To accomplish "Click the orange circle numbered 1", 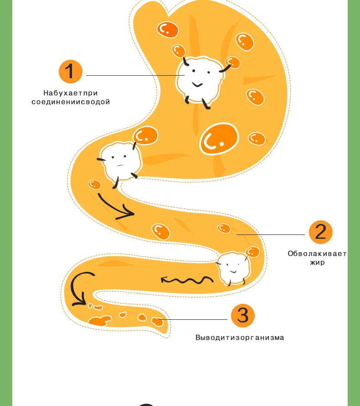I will point(70,72).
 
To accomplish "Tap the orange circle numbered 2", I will point(321,232).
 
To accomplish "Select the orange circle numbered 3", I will point(242,315).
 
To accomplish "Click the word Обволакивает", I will point(317,254).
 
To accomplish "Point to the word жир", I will point(317,263).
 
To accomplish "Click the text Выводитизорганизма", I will point(240,338).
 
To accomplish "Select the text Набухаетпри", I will point(71,93).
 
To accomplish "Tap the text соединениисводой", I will point(71,102).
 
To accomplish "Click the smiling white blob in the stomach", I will point(199,78).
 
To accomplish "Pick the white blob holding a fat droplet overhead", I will point(120,161).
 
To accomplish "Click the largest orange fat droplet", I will point(219,140).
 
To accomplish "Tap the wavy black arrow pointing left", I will point(187,279).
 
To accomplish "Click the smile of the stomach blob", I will point(197,84).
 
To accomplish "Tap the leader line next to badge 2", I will point(271,235).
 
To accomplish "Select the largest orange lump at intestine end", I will point(99,321).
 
